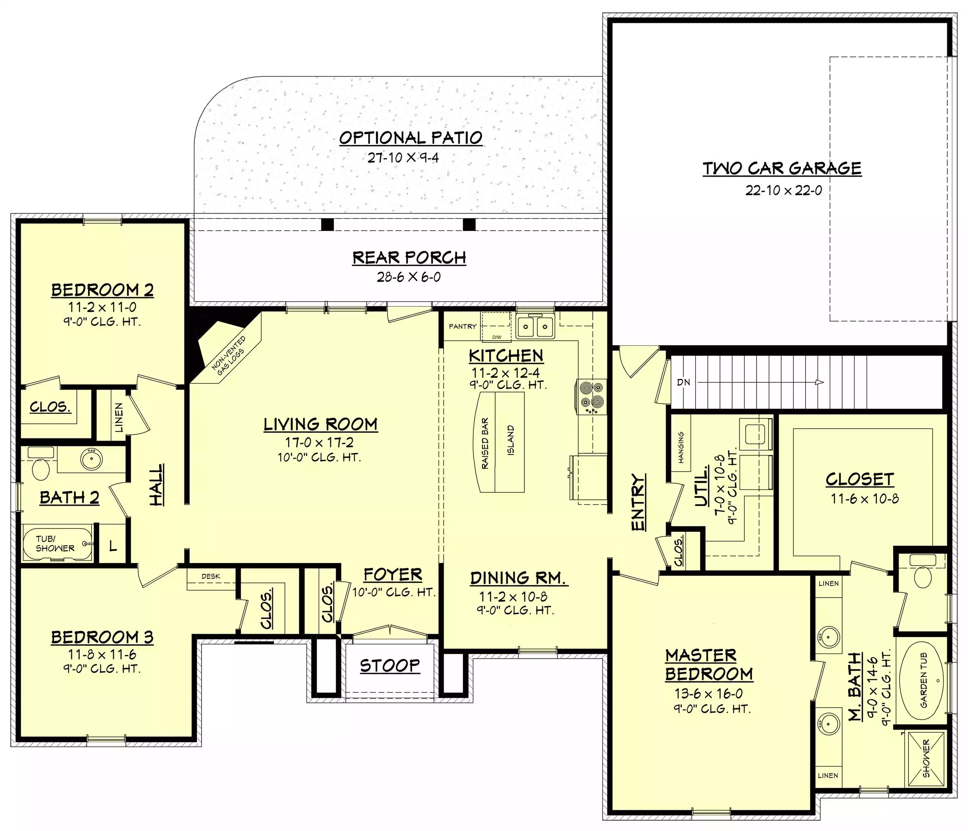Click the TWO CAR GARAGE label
pyautogui.click(x=782, y=168)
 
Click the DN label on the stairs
pyautogui.click(x=683, y=382)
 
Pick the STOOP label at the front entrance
pyautogui.click(x=390, y=666)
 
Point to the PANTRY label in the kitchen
pyautogui.click(x=462, y=327)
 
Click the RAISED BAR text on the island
pyautogui.click(x=485, y=443)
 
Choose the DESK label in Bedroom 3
pyautogui.click(x=211, y=576)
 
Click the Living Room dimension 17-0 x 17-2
pyautogui.click(x=319, y=443)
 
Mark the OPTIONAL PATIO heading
pyautogui.click(x=410, y=138)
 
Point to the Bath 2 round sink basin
pyautogui.click(x=91, y=459)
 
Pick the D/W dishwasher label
pyautogui.click(x=496, y=337)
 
